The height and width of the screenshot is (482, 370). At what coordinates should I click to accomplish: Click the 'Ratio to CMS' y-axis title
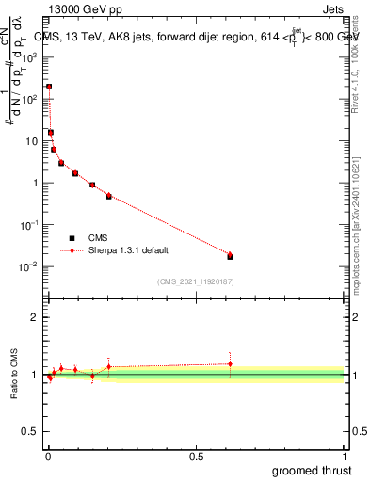pos(14,374)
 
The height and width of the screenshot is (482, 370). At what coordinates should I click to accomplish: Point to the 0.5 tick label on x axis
pos(196,456)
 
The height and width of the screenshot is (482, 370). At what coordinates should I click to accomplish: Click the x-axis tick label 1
pos(344,456)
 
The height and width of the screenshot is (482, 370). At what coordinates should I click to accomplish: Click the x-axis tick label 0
pos(48,456)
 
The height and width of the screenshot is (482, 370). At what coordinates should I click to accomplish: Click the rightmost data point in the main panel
pos(230,255)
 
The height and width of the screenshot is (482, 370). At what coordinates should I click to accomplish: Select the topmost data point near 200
pos(49,87)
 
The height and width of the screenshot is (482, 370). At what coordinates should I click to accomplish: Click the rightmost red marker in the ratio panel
pos(230,363)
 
